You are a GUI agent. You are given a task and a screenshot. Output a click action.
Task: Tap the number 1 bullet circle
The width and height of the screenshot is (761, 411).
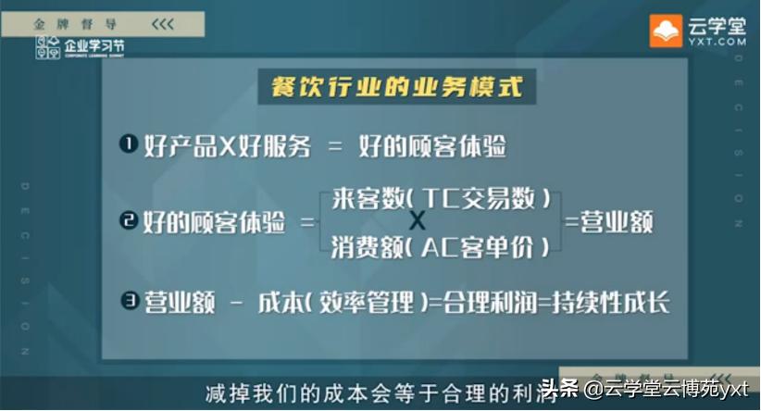pyautogui.click(x=128, y=144)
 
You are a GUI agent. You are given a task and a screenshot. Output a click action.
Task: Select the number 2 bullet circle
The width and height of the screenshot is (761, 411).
pyautogui.click(x=128, y=221)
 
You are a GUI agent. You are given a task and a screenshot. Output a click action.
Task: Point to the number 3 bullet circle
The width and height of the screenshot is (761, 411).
pyautogui.click(x=128, y=301)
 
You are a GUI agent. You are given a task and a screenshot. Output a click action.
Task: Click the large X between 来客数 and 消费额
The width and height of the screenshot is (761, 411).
pyautogui.click(x=418, y=221)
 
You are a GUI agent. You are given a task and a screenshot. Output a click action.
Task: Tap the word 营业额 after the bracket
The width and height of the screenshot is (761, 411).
pyautogui.click(x=617, y=222)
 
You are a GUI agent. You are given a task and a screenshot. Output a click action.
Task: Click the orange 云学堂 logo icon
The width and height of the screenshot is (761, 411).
pyautogui.click(x=666, y=32)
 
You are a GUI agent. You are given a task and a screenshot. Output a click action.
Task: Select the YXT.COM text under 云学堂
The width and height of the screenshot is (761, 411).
pyautogui.click(x=717, y=42)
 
